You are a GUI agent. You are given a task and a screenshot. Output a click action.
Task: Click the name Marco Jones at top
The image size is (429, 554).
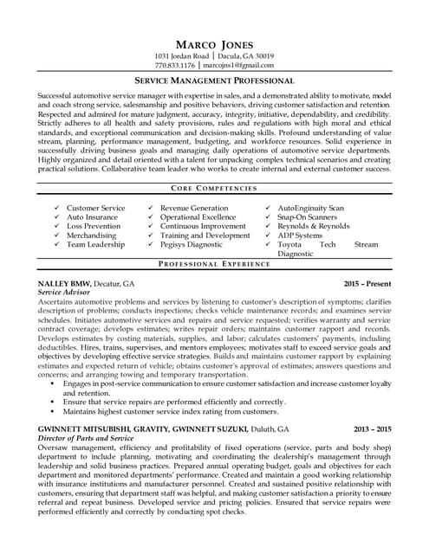click(x=213, y=44)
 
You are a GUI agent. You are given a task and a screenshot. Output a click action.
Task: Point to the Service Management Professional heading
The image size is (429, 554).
click(x=213, y=80)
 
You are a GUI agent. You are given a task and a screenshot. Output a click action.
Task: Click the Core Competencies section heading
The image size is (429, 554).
click(x=213, y=188)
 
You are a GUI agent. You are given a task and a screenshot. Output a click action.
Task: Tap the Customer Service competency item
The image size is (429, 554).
click(x=95, y=209)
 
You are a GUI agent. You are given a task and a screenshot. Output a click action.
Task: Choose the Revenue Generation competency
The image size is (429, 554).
click(x=194, y=209)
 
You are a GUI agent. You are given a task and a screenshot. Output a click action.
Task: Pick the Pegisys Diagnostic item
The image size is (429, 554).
click(x=193, y=245)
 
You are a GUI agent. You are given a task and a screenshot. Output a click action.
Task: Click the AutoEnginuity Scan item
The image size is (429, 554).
click(x=310, y=209)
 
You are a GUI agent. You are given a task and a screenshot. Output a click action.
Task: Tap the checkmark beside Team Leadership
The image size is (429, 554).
click(x=56, y=245)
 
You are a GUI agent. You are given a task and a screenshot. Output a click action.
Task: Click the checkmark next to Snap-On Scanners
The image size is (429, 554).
click(x=268, y=218)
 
